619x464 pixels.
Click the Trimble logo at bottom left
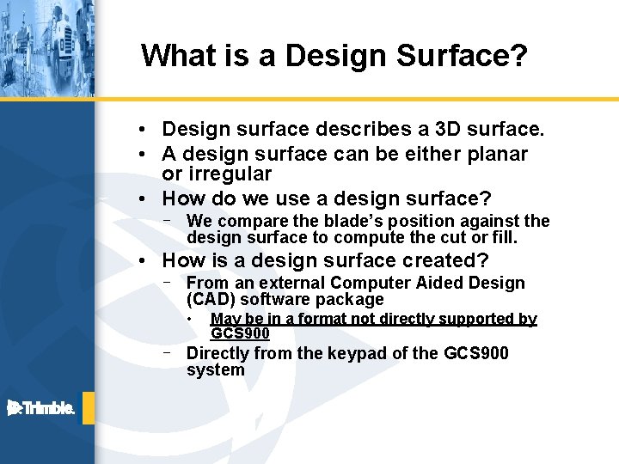coord(41,408)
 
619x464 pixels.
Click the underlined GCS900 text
coord(240,333)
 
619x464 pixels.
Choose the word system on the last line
coord(215,370)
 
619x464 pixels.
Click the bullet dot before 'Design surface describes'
coord(150,130)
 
